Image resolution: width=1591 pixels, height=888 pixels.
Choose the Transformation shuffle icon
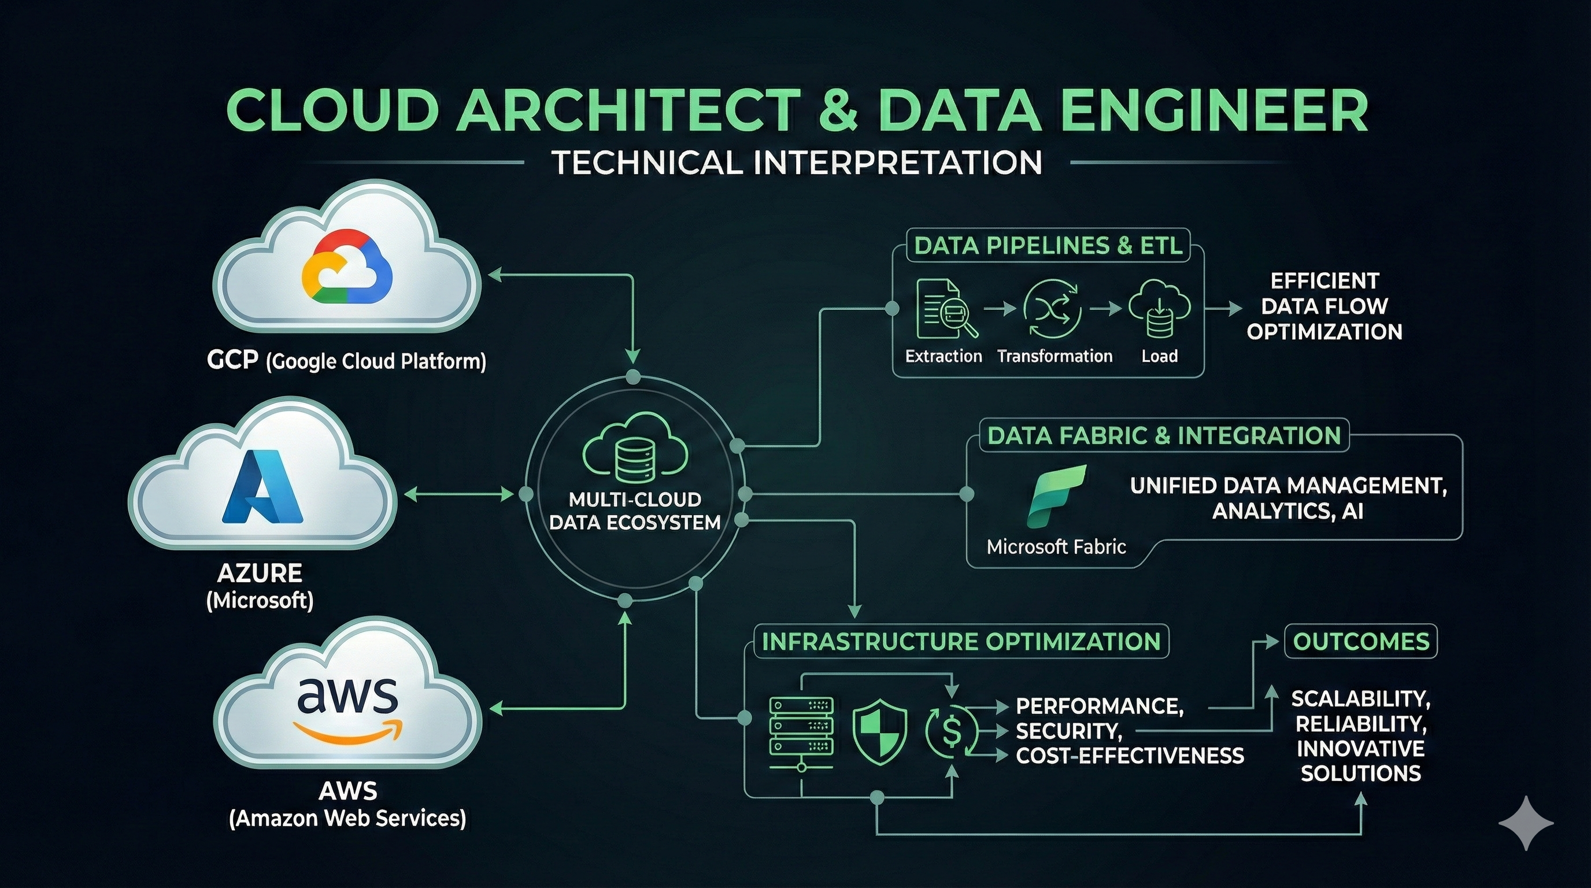tap(1051, 309)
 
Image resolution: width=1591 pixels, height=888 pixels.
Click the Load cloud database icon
tap(1159, 309)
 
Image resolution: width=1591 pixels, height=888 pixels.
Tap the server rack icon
tap(801, 733)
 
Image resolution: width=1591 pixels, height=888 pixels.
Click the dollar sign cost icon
tap(952, 732)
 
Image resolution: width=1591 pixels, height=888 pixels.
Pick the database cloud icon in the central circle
tap(635, 448)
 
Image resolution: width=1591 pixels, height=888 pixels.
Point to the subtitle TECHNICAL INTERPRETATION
tap(797, 162)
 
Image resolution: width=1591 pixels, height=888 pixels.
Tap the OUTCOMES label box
tap(1361, 642)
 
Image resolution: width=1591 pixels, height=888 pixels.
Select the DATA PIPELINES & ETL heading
tap(1048, 246)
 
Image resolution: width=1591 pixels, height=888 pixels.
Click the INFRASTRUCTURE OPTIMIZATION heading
tap(961, 642)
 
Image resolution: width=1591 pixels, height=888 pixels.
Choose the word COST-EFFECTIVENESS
tap(1130, 755)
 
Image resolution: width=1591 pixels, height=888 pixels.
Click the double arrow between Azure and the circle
tap(458, 494)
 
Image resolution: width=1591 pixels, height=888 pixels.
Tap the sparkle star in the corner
tap(1526, 823)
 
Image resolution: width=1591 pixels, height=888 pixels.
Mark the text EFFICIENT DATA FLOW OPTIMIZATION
tap(1324, 306)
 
